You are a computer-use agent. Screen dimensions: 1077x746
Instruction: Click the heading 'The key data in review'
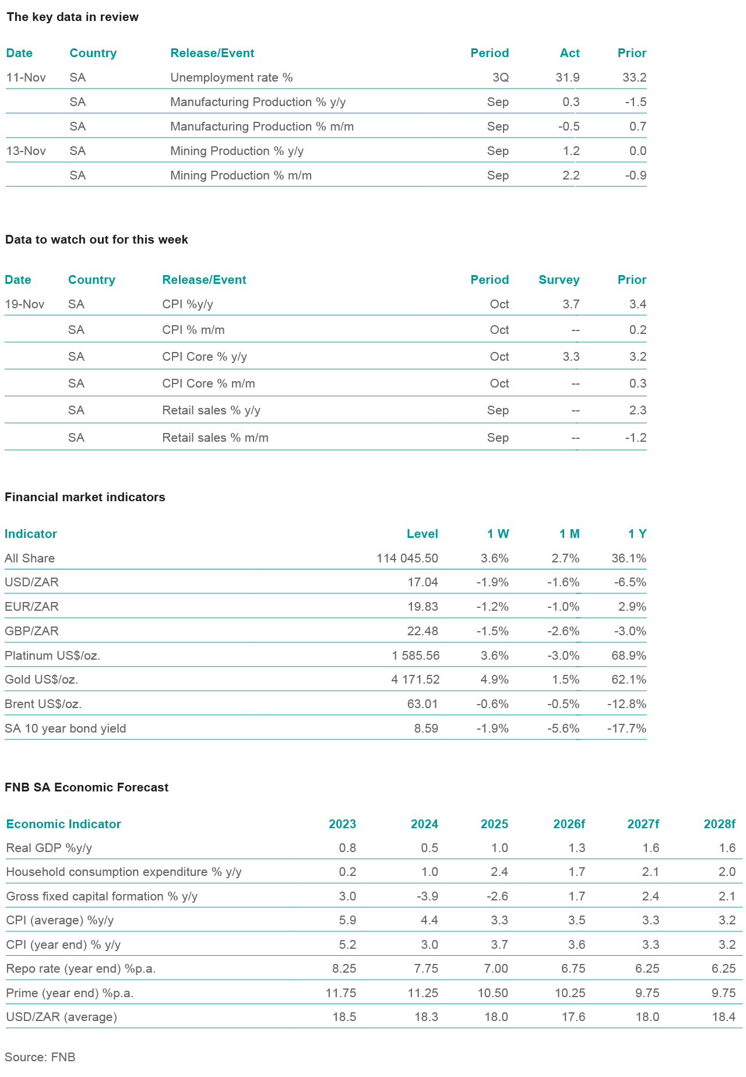72,17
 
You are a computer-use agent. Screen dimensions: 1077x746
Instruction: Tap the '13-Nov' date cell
26,151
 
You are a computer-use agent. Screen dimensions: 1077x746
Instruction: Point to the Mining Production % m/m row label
241,175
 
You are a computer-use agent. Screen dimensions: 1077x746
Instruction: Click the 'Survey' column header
558,280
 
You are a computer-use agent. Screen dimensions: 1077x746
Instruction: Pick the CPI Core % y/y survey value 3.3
571,357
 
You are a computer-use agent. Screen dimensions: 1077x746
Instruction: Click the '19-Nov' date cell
24,304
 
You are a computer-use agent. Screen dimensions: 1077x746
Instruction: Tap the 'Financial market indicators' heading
85,497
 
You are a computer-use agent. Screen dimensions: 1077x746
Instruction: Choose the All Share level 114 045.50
407,558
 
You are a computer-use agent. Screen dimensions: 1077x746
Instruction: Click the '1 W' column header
498,534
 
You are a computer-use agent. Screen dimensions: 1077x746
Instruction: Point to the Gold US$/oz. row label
41,680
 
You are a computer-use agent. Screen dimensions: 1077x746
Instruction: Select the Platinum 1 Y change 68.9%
628,656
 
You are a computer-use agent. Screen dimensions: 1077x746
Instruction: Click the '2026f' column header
569,824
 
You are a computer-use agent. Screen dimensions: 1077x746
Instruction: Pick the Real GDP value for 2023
347,848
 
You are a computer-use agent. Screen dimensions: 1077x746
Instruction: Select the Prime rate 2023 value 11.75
341,993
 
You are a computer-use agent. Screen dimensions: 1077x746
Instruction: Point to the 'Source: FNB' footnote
40,1057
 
